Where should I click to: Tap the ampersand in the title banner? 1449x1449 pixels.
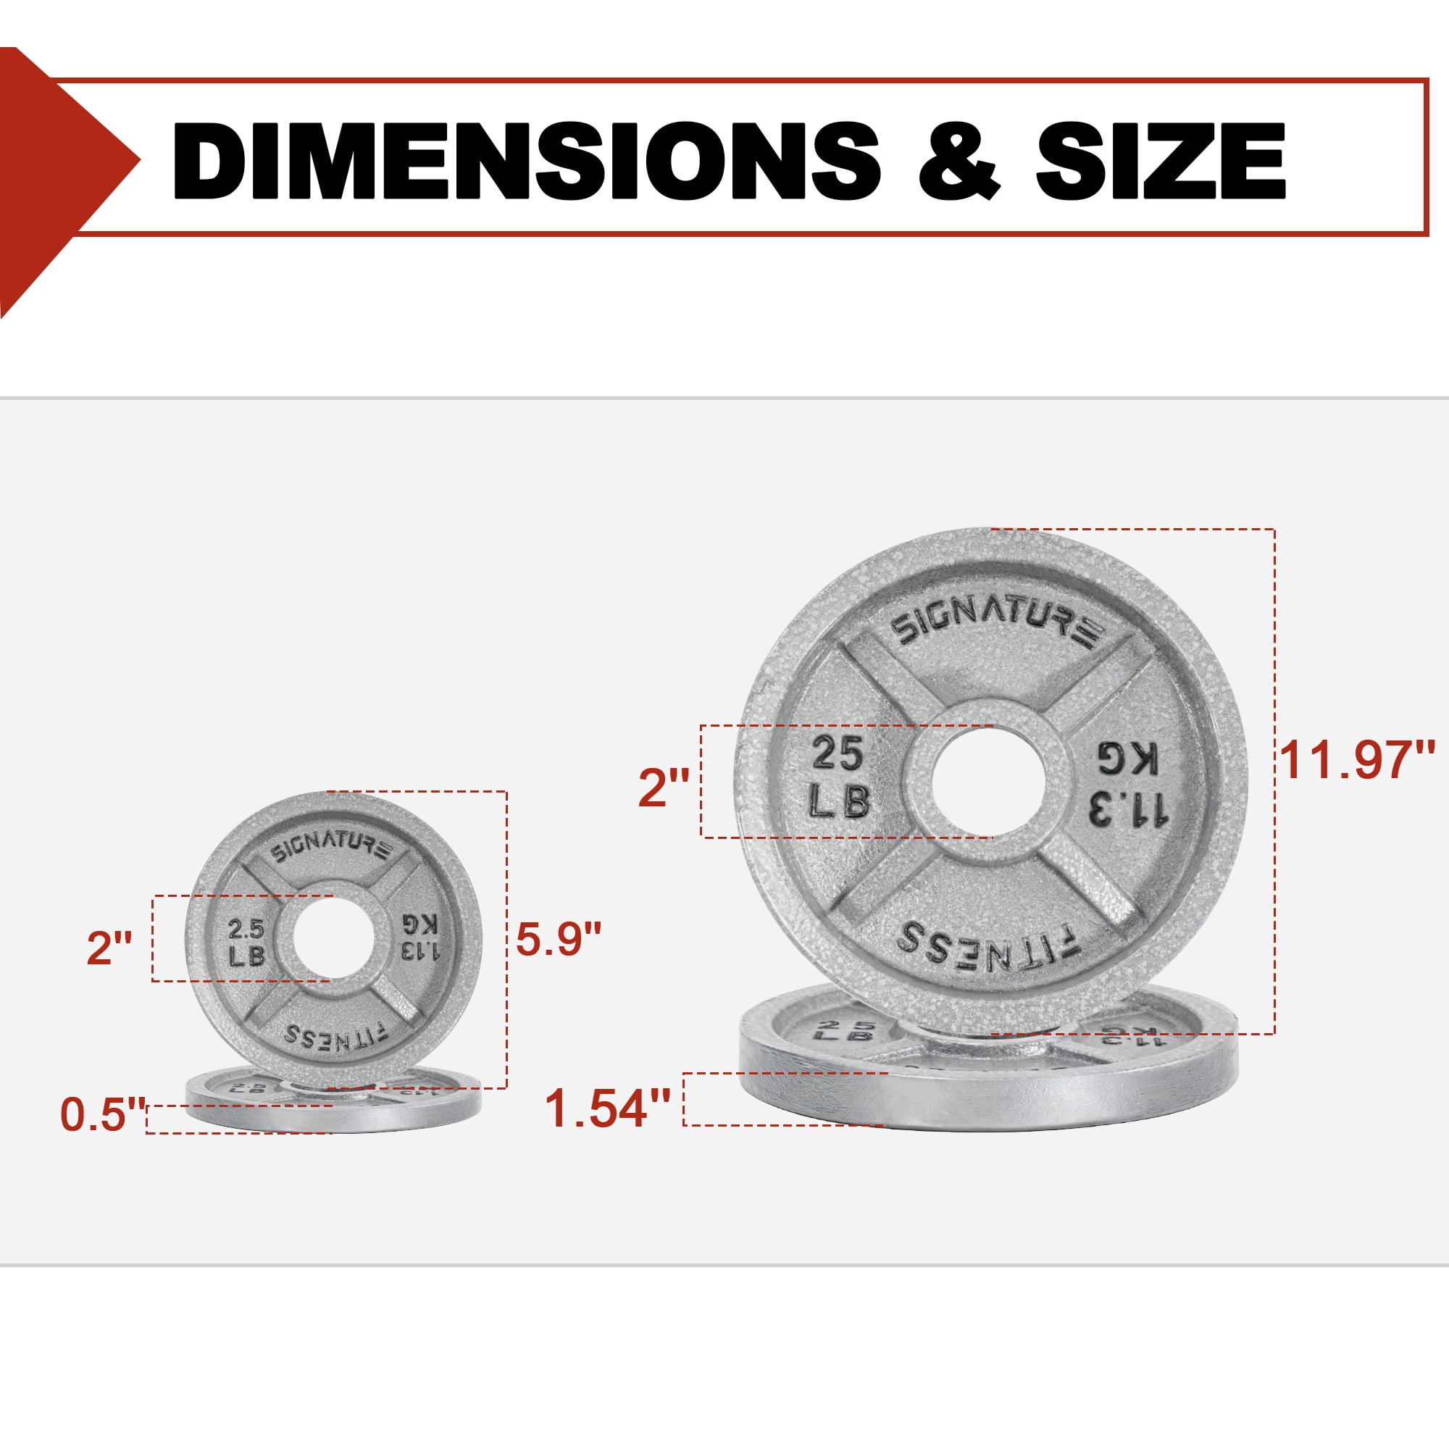point(959,161)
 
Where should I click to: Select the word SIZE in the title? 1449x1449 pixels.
point(1161,161)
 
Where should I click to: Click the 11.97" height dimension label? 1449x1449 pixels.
point(1357,759)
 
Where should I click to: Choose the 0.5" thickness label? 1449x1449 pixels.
point(103,1114)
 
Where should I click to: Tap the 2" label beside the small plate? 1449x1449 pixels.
point(109,947)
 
